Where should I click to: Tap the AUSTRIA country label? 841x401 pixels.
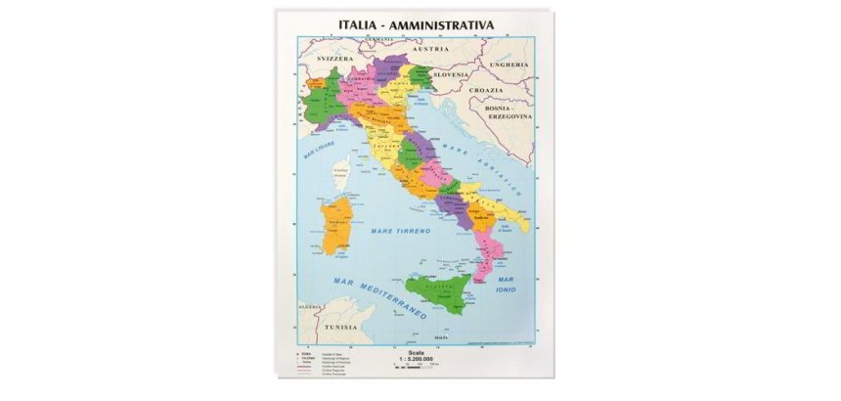pos(430,47)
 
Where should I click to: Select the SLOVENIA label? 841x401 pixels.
pos(453,73)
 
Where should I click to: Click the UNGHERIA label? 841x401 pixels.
pos(509,65)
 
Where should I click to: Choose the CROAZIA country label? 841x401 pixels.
pos(485,89)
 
